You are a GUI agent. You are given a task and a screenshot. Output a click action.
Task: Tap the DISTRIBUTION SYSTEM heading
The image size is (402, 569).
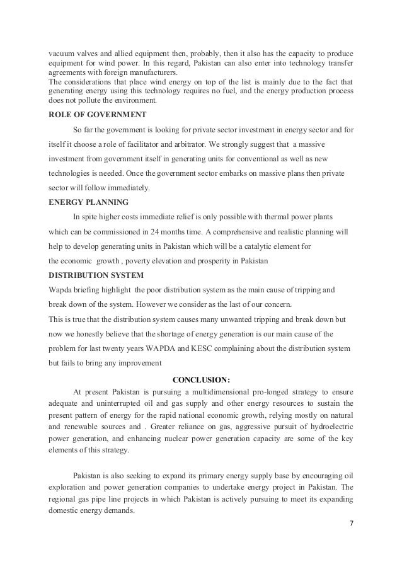pos(95,275)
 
